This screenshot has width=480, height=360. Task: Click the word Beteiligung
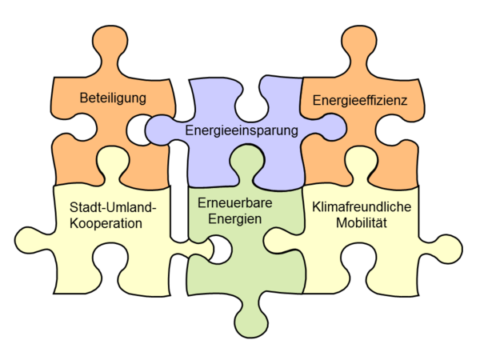[x=113, y=98]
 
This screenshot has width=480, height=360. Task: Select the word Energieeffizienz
[x=360, y=100]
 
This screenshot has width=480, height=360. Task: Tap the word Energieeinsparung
[x=242, y=130]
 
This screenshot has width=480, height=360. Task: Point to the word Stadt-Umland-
[x=113, y=207]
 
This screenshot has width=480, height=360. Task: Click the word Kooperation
[x=106, y=223]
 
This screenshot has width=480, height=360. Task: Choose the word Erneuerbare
[x=234, y=202]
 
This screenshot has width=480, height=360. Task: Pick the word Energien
[x=234, y=219]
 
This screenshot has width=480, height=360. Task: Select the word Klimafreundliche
[x=362, y=206]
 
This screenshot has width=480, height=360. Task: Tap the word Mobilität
[x=362, y=222]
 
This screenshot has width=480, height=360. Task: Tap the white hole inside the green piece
[x=221, y=250]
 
